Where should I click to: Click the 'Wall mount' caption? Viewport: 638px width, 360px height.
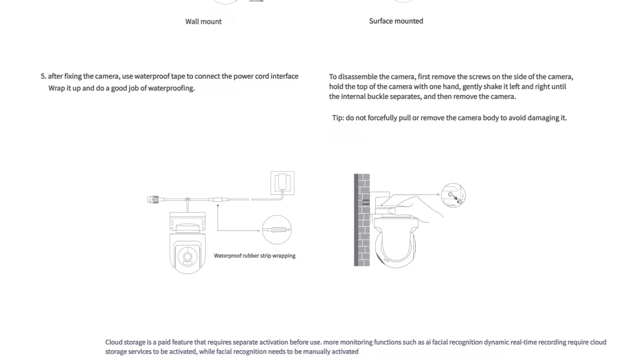(x=203, y=22)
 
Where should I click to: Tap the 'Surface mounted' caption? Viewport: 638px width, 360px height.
(x=396, y=21)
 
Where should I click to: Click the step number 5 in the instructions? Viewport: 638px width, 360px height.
(x=43, y=76)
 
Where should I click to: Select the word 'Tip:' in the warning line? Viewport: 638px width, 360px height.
(x=338, y=118)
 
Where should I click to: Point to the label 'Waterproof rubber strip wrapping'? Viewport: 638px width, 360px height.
(x=254, y=256)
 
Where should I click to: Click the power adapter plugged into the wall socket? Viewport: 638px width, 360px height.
(x=282, y=182)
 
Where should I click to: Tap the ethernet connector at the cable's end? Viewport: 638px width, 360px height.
(x=154, y=199)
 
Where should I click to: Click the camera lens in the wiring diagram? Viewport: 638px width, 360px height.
(x=187, y=256)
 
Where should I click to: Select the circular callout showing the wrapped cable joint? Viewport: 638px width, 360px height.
(x=276, y=230)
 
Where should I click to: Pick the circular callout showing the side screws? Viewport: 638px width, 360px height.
(x=453, y=196)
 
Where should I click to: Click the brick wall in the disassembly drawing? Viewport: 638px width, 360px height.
(x=362, y=220)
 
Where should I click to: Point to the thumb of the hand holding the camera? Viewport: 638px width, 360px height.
(x=392, y=211)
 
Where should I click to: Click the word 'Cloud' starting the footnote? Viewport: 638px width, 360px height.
(x=113, y=342)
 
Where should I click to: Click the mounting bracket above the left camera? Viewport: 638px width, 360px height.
(x=187, y=221)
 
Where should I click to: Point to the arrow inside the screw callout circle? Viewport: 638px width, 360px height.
(x=455, y=198)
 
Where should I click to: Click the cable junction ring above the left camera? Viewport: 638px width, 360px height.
(x=187, y=200)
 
